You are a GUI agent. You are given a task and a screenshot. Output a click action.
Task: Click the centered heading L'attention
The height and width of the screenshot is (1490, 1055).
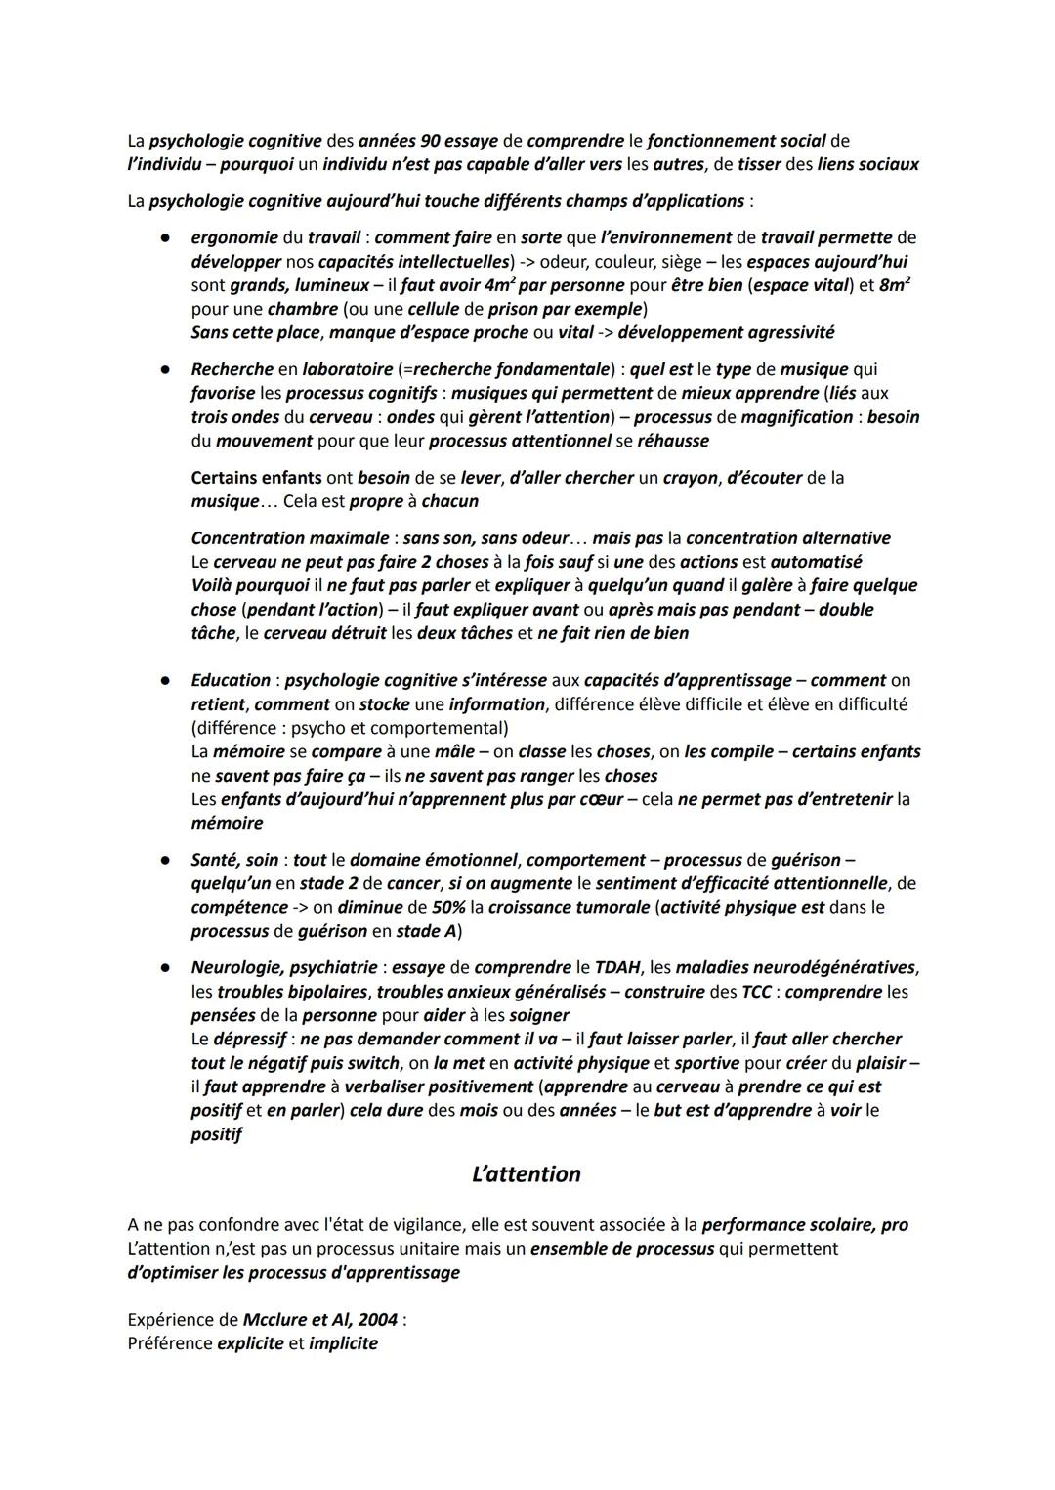click(x=526, y=1174)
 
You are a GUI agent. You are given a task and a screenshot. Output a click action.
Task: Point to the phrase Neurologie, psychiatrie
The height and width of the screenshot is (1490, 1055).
click(x=283, y=968)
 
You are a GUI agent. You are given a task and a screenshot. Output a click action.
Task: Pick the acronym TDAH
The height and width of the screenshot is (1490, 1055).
click(x=617, y=968)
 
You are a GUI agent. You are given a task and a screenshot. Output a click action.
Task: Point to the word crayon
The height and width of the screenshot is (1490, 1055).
click(x=690, y=478)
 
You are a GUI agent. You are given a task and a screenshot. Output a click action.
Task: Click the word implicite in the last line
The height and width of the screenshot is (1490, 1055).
click(x=343, y=1343)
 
